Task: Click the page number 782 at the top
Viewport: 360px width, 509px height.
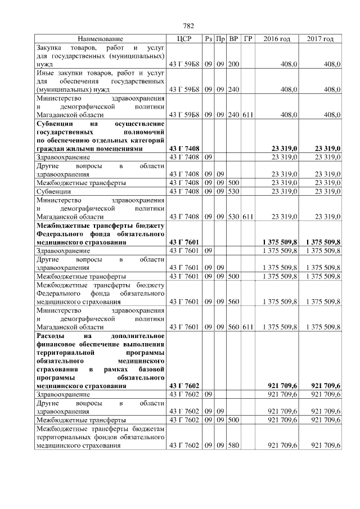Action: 188,26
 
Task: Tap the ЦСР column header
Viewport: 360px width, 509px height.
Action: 184,39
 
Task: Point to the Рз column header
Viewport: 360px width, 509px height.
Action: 208,39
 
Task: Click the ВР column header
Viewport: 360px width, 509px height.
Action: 233,39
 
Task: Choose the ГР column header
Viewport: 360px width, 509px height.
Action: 248,39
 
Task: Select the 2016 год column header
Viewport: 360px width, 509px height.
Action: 277,39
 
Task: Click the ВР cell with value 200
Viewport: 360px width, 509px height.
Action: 233,65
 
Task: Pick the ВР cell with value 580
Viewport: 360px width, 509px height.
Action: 233,445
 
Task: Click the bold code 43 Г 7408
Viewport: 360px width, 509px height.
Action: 184,148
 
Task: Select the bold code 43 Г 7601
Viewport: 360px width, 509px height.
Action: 184,242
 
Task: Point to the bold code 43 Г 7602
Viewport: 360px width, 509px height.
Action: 184,386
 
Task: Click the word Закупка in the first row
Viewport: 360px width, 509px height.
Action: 49,48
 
